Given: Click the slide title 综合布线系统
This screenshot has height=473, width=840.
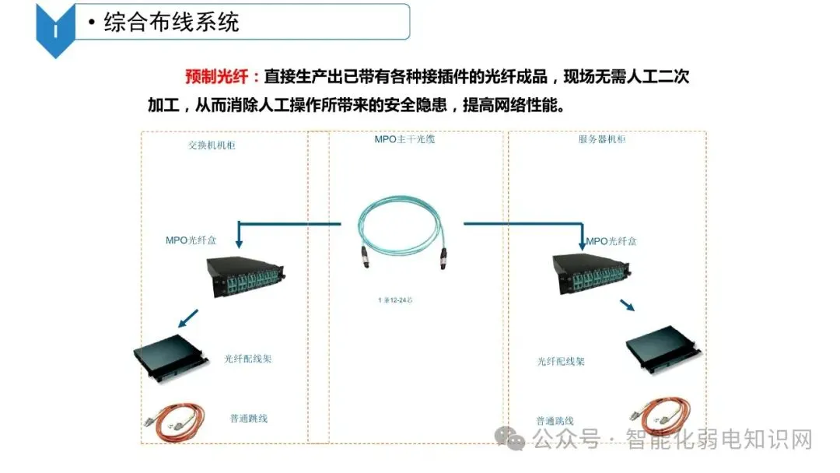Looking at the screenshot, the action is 171,23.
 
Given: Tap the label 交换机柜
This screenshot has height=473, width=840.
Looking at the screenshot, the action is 212,145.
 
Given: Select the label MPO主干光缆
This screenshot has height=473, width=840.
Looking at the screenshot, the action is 404,140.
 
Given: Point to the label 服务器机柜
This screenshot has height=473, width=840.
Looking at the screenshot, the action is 602,140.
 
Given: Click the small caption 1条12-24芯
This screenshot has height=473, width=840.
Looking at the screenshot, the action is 394,300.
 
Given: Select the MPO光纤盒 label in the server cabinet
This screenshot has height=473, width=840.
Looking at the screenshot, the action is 611,241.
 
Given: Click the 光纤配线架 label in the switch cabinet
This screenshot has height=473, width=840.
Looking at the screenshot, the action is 248,359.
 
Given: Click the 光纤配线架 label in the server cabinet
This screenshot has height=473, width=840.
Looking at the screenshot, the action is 561,362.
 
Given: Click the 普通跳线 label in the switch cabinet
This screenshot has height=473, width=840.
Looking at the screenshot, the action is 249,419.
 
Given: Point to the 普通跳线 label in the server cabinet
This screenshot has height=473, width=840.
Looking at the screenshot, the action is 555,420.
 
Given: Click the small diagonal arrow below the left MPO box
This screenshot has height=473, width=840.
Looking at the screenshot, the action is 187,318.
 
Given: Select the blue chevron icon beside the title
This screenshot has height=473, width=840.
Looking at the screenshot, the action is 55,29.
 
